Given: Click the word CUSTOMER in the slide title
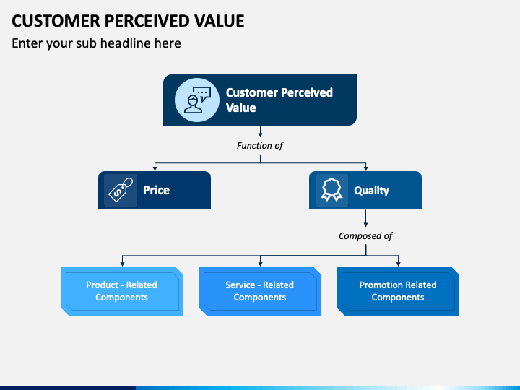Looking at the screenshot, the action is (56, 20).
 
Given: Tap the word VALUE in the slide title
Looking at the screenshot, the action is (220, 20).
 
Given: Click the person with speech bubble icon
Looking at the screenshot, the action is (198, 100).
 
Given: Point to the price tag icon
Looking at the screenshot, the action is (121, 190).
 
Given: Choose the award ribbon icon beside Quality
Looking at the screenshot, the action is (331, 190).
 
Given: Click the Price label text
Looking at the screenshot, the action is (156, 190).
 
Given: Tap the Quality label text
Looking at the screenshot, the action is (371, 191).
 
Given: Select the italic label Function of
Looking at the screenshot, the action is (260, 146).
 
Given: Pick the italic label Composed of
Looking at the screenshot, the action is (365, 235).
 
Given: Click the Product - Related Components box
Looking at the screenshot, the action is (122, 291).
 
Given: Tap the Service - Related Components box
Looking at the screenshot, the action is (260, 291).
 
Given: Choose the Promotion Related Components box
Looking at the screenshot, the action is (398, 291).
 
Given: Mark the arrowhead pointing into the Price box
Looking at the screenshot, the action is (155, 169).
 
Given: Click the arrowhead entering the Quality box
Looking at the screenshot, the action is (365, 169).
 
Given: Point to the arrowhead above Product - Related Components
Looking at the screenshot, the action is (122, 264).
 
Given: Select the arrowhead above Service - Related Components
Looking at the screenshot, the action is (260, 264).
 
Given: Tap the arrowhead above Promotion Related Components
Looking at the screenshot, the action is (398, 264).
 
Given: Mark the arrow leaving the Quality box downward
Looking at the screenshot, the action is (365, 218).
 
